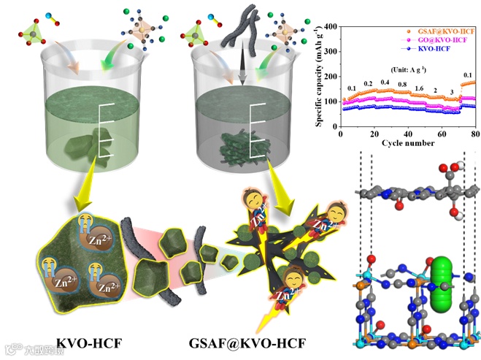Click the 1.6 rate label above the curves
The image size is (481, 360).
pyautogui.click(x=419, y=88)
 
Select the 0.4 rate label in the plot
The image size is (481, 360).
pyautogui.click(x=385, y=83)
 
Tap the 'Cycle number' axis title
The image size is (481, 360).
pyautogui.click(x=409, y=143)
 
